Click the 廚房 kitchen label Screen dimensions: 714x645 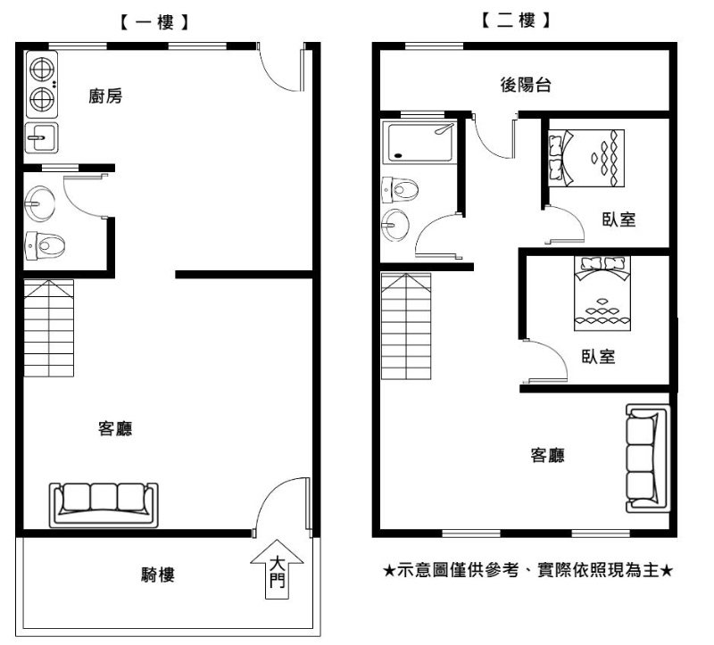pos(105,96)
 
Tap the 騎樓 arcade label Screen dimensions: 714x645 pos(158,575)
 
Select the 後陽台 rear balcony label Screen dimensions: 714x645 pos(526,85)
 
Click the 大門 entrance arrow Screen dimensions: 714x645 pos(277,569)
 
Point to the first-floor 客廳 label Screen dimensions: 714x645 pos(115,428)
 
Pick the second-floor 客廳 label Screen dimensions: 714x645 pos(547,455)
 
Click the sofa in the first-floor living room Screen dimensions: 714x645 pos(104,505)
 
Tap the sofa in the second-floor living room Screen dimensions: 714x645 pos(647,458)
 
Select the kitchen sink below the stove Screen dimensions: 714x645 pos(41,137)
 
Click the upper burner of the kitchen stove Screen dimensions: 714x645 pos(42,70)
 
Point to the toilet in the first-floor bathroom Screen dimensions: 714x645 pos(44,246)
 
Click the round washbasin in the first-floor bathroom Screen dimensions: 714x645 pos(39,203)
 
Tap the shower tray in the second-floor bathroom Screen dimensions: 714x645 pos(419,142)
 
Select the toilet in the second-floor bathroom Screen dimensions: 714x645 pos(400,189)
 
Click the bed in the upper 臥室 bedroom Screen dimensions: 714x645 pos(586,158)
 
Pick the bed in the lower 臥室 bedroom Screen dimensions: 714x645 pos(602,294)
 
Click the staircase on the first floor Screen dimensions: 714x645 pos(49,328)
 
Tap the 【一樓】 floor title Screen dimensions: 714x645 pos(154,22)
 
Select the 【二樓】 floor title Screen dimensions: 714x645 pos(516,20)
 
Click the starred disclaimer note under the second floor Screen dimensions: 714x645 pos(527,570)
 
